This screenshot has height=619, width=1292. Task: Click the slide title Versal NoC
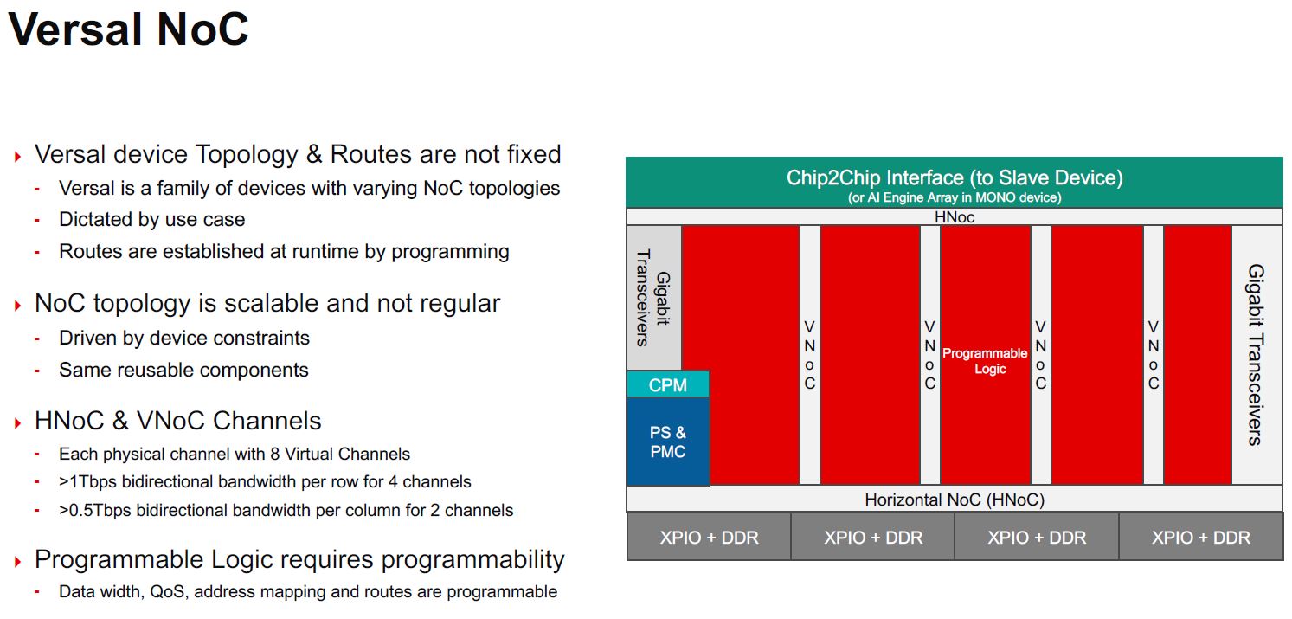coord(128,29)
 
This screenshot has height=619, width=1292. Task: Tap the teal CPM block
coord(668,384)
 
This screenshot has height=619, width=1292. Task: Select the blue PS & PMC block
coord(668,442)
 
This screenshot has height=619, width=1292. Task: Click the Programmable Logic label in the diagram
coord(985,360)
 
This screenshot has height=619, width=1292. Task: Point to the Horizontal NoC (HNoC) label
coord(955,500)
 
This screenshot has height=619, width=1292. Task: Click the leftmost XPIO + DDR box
coord(709,537)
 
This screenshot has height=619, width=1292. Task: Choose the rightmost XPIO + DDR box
coord(1201,537)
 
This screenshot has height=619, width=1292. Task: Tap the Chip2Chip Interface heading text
coord(955,177)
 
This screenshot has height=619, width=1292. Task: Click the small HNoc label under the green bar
coord(955,217)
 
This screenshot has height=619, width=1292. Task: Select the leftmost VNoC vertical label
coord(810,355)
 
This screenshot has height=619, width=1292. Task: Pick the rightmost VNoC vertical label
coord(1153,355)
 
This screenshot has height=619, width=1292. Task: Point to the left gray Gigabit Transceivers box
coord(654,298)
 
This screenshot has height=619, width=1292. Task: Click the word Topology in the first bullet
coord(247,154)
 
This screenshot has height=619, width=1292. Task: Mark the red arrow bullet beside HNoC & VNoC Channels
coord(17,423)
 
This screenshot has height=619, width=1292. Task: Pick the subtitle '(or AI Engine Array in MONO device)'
coord(955,198)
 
